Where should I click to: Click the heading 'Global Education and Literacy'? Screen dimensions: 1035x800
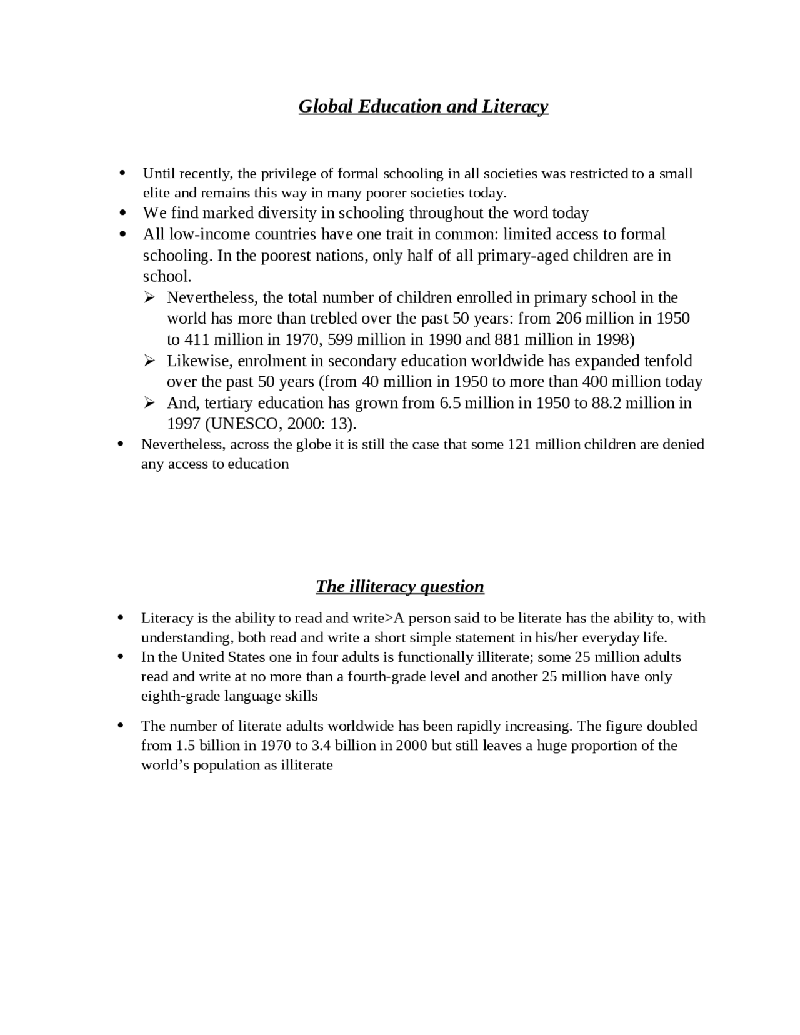point(423,106)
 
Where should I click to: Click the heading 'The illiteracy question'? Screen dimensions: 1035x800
point(400,586)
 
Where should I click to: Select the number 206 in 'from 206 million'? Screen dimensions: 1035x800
point(569,319)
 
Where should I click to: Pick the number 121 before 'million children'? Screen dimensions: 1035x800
point(519,444)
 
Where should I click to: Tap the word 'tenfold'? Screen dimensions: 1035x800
point(668,361)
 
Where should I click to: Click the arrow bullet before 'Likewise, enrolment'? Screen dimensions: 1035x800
point(149,361)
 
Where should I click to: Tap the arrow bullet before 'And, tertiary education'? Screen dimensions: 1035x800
point(149,402)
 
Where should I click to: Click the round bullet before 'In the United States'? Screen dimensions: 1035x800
point(121,657)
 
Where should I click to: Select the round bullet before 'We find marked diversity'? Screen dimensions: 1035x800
point(122,213)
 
